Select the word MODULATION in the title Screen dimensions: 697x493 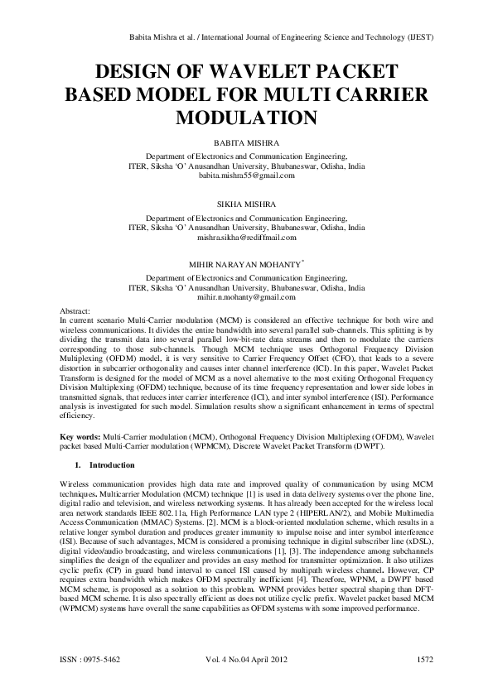coord(246,117)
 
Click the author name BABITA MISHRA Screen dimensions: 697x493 coord(246,143)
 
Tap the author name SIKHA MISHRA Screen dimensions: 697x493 coord(246,203)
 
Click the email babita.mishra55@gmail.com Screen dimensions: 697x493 coord(246,177)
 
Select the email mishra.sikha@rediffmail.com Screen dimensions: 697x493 coord(246,238)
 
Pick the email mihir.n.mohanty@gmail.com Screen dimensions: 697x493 coord(246,297)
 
